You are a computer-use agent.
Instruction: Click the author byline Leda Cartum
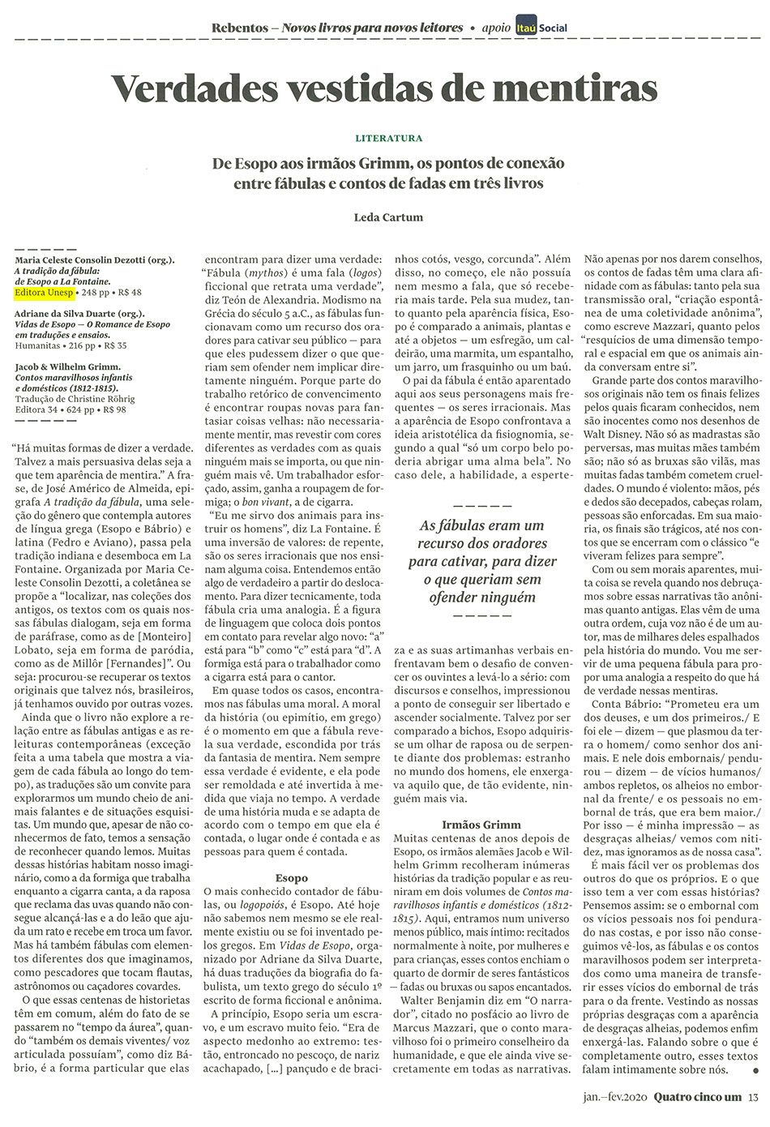point(388,216)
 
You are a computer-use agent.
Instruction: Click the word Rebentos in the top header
point(239,28)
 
